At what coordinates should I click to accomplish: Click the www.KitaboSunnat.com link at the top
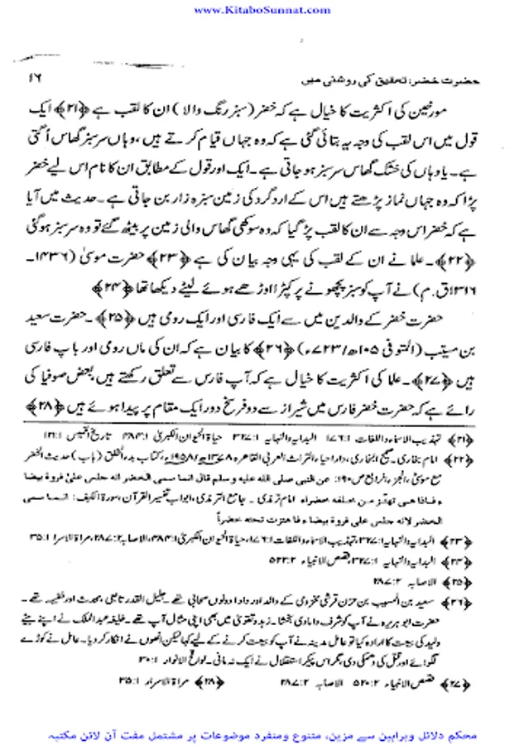tap(262, 9)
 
